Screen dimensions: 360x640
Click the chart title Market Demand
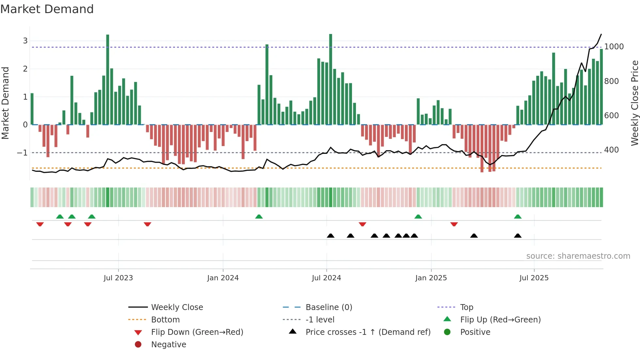[47, 9]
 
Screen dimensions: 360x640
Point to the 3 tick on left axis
[25, 41]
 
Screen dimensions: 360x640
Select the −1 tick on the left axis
[22, 153]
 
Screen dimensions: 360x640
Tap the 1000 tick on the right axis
[614, 47]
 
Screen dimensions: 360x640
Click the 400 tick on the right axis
[611, 150]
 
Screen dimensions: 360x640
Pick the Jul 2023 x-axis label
[118, 278]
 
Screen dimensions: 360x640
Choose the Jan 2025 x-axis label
[431, 278]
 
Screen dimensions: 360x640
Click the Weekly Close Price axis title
[634, 103]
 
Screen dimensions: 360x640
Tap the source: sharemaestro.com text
[578, 256]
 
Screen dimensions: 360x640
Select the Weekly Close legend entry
[177, 307]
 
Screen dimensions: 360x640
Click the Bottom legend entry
[165, 320]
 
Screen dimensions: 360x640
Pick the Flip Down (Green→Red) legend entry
[197, 332]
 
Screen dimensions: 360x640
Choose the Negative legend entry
[168, 345]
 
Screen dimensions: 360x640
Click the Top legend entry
[467, 307]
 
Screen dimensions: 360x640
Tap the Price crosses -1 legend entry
[368, 332]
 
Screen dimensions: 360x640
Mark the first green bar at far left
[32, 109]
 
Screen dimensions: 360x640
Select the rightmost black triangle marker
[518, 236]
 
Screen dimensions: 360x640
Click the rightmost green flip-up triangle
[518, 217]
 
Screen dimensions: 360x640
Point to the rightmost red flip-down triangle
[454, 224]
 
